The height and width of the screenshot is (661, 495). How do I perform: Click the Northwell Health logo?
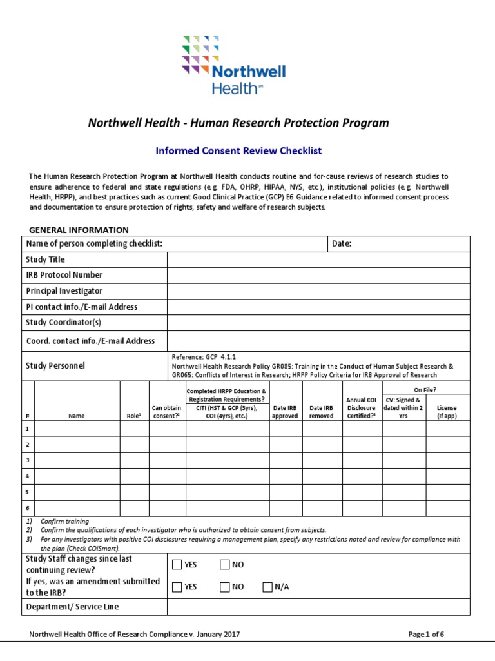point(233,65)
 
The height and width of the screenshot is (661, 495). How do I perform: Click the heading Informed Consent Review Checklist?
point(238,151)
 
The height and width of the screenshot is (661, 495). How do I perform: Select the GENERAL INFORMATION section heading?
point(79,230)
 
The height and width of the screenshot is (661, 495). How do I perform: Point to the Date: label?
point(341,243)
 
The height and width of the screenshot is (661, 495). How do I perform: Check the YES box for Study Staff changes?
point(177,565)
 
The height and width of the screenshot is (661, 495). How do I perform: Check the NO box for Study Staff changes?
point(224,565)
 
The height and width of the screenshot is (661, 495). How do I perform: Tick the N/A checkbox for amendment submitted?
point(267,587)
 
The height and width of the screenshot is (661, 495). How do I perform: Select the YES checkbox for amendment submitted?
point(177,587)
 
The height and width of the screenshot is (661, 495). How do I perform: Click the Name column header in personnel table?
point(77,416)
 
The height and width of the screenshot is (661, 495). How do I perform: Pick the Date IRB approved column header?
point(286,412)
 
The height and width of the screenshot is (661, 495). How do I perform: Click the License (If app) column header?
point(447,412)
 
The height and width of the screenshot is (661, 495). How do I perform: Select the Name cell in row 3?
point(77,460)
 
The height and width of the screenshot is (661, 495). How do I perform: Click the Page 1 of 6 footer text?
point(426,635)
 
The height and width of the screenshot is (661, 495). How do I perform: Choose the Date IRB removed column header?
point(322,412)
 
